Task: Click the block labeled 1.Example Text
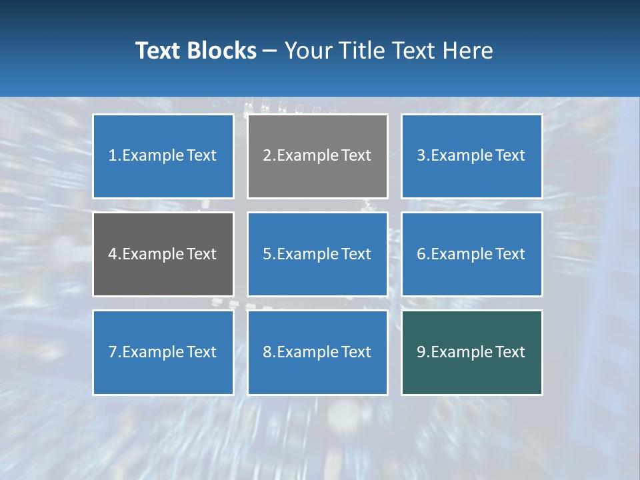pyautogui.click(x=163, y=156)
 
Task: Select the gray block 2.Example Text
pyautogui.click(x=317, y=156)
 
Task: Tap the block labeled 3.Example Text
pyautogui.click(x=471, y=156)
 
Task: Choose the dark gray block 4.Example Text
pyautogui.click(x=163, y=254)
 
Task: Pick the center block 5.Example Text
pyautogui.click(x=317, y=254)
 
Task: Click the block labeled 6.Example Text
pyautogui.click(x=471, y=254)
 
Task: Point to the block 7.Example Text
pyautogui.click(x=163, y=352)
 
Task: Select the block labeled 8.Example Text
pyautogui.click(x=317, y=352)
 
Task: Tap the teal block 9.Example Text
pyautogui.click(x=471, y=352)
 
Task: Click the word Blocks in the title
pyautogui.click(x=221, y=51)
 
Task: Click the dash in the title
pyautogui.click(x=271, y=51)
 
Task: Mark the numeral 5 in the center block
pyautogui.click(x=267, y=254)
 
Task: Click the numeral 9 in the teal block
pyautogui.click(x=421, y=352)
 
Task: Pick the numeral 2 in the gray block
pyautogui.click(x=267, y=156)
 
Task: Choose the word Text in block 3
pyautogui.click(x=511, y=156)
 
